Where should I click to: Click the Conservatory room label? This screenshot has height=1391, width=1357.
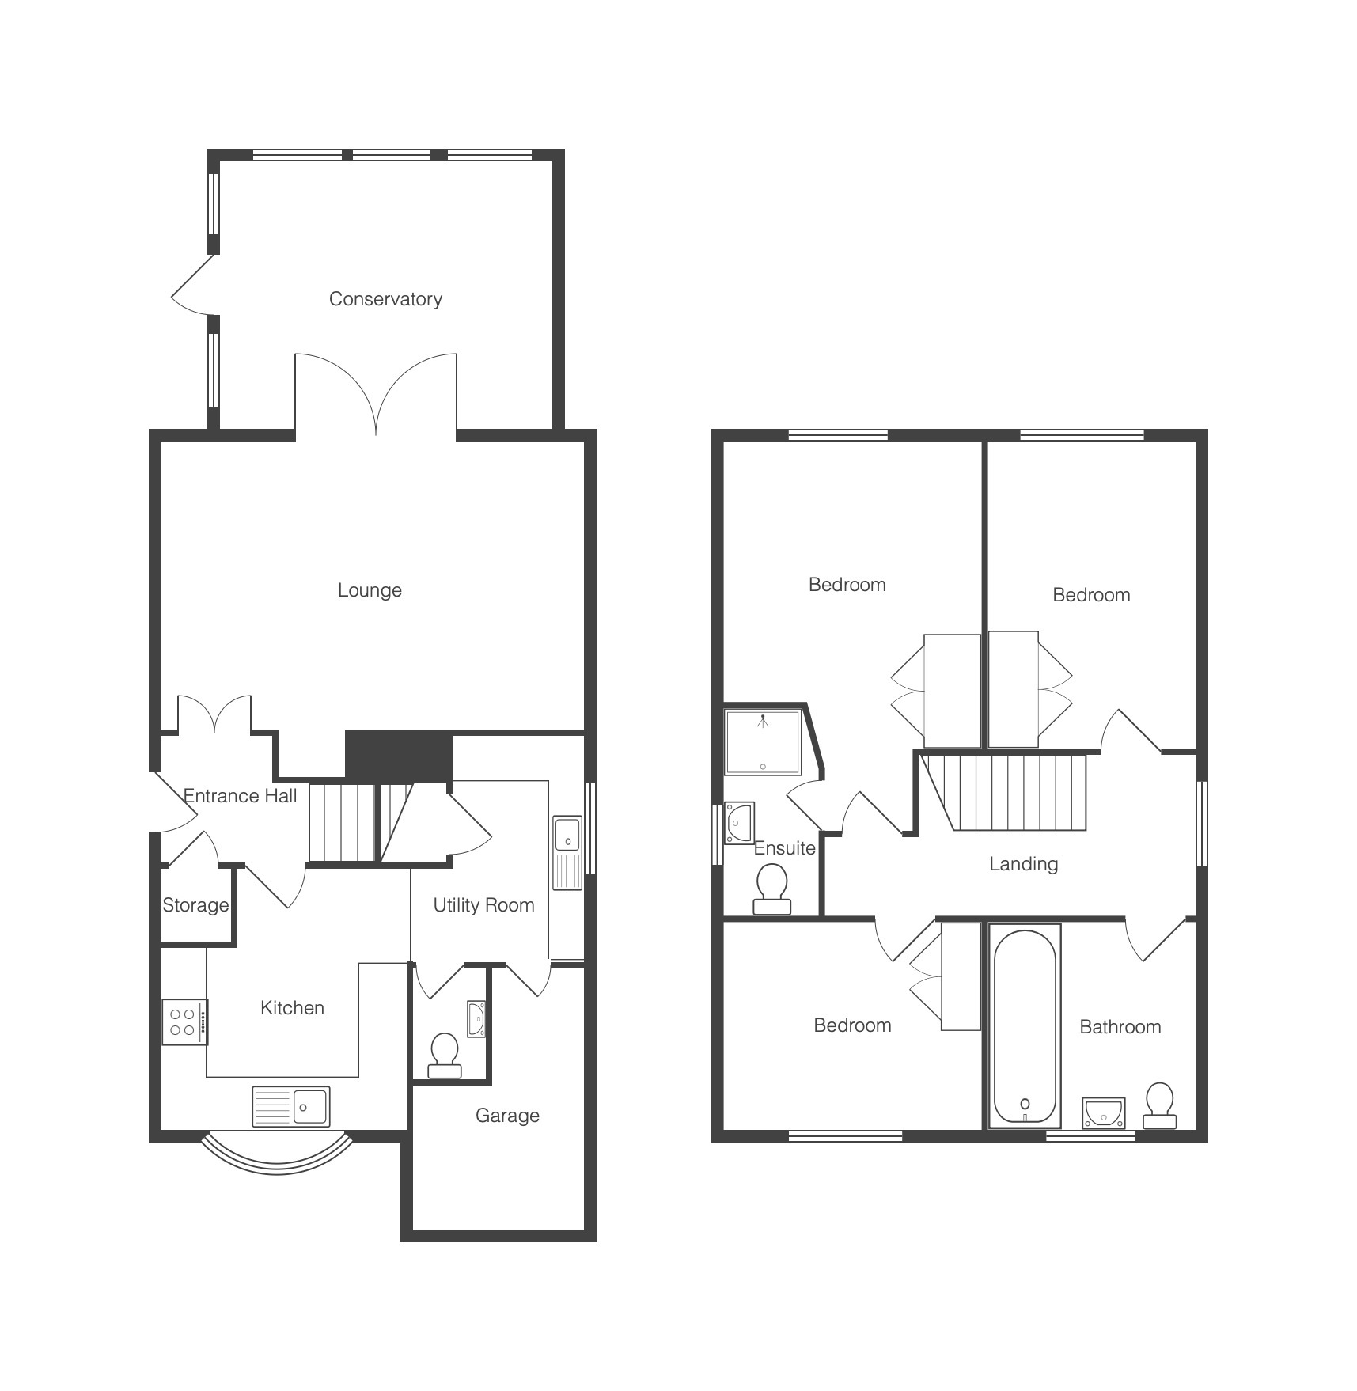point(385,299)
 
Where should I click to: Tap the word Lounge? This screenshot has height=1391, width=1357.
point(370,590)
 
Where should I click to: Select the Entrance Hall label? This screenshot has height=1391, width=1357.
point(240,796)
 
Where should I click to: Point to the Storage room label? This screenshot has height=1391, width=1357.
point(195,905)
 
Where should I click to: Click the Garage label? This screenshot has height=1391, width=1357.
point(507,1116)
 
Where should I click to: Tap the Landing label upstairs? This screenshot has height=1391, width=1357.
point(1023,864)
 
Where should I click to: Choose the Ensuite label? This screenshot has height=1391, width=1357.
point(784,848)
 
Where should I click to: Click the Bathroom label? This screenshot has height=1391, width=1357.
point(1120,1027)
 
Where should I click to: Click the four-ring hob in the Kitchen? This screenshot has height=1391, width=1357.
point(184,1022)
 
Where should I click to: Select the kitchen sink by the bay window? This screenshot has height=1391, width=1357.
point(291,1106)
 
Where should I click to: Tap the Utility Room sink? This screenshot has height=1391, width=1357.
point(567,853)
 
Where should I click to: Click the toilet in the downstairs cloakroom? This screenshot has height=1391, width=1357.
point(445,1056)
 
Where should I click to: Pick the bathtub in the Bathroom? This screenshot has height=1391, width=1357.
point(1025,1026)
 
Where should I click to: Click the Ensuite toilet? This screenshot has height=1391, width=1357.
point(771,889)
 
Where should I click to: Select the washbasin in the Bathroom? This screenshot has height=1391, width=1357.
point(1104,1112)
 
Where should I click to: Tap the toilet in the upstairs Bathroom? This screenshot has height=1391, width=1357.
point(1160,1105)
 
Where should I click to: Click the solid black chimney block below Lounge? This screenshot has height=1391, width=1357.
point(399,756)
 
